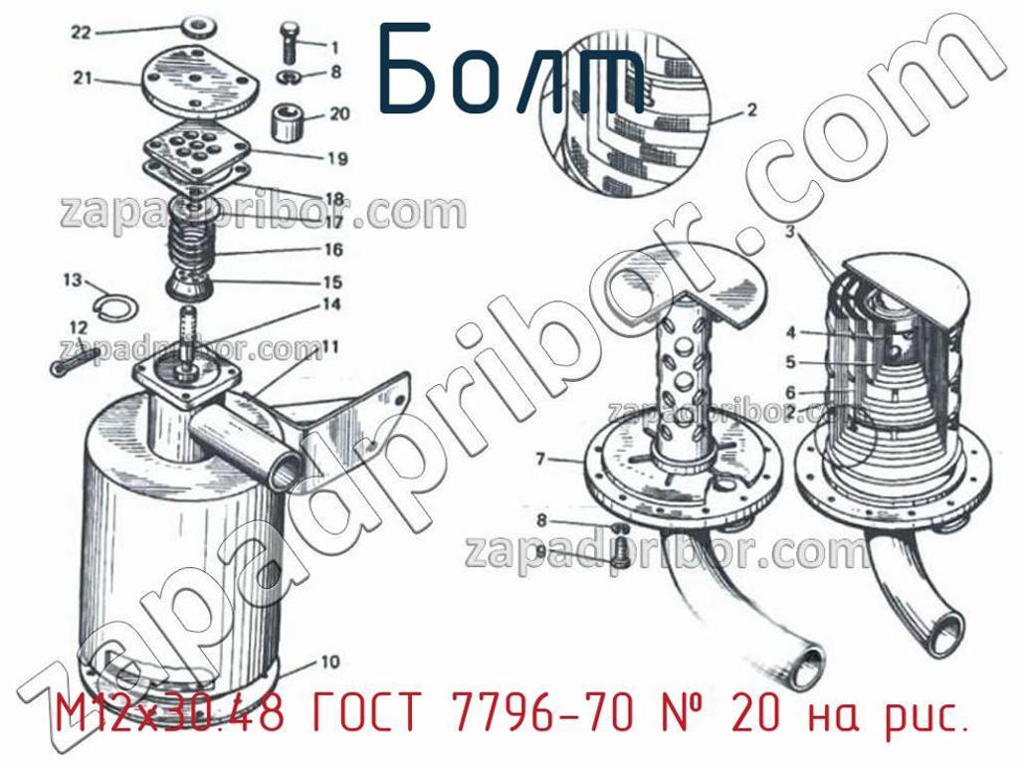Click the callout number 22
click(x=81, y=32)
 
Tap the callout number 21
click(x=83, y=79)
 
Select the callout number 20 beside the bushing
click(x=339, y=113)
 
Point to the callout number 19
click(x=337, y=158)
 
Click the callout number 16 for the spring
click(x=332, y=250)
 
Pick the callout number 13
click(x=74, y=281)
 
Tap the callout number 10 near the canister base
click(x=329, y=662)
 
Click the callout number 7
click(x=540, y=460)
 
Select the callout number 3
click(x=790, y=232)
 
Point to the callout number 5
click(x=791, y=361)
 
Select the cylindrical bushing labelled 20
click(x=289, y=121)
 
